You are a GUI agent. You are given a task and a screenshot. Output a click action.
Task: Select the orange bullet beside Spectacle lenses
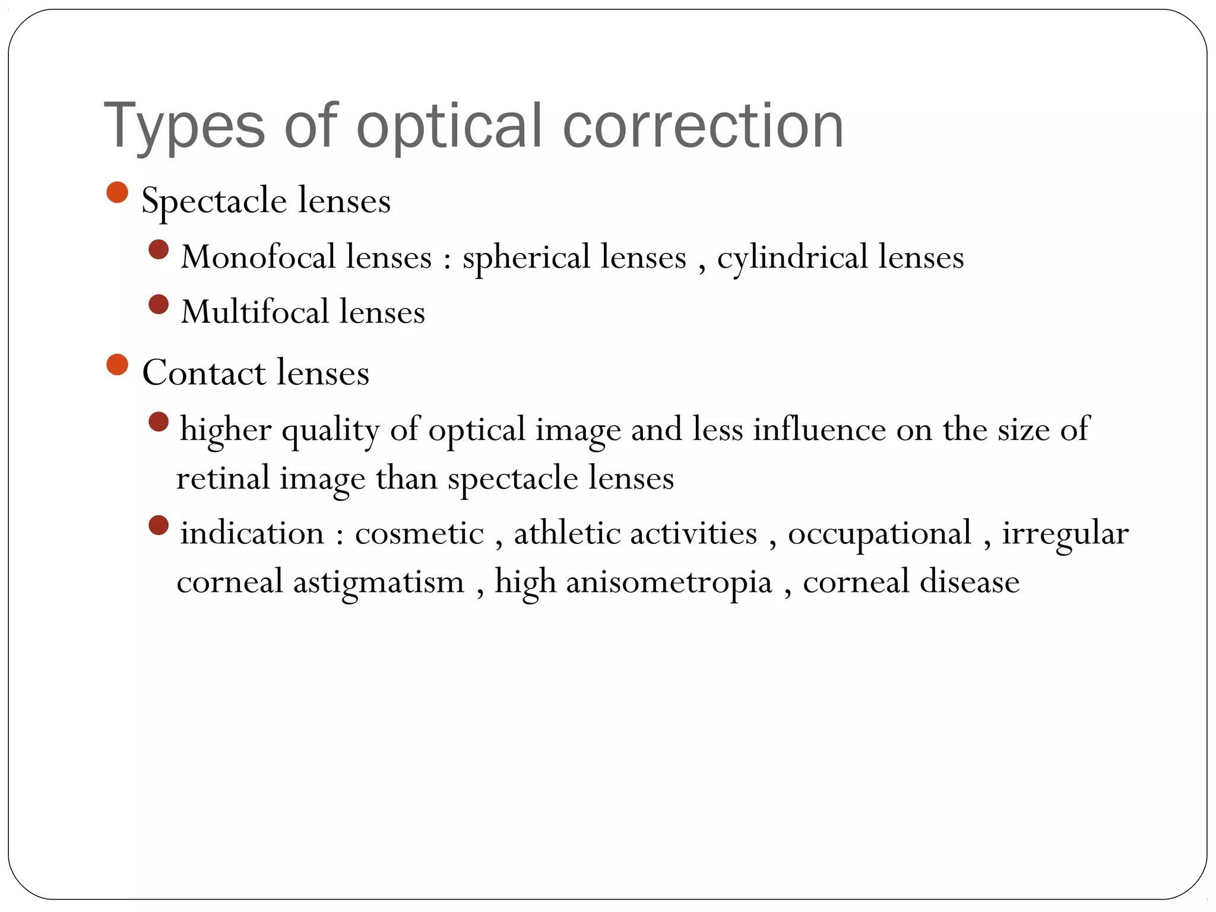coord(118,192)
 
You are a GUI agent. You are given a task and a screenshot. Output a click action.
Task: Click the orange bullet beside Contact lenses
coord(118,365)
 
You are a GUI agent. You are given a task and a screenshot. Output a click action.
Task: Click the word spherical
coord(526,258)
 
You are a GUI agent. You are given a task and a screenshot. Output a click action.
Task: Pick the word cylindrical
coord(793,258)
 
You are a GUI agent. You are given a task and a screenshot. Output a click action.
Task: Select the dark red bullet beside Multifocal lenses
coord(159,305)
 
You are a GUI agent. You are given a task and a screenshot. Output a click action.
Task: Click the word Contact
coord(204,373)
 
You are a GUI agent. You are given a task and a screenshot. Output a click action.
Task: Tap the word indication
coord(252,533)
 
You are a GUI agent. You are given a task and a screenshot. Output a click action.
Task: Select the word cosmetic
coord(419,533)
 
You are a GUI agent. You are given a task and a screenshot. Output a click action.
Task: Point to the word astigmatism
coord(379,582)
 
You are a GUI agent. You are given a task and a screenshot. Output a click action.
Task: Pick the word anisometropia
coord(669,583)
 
